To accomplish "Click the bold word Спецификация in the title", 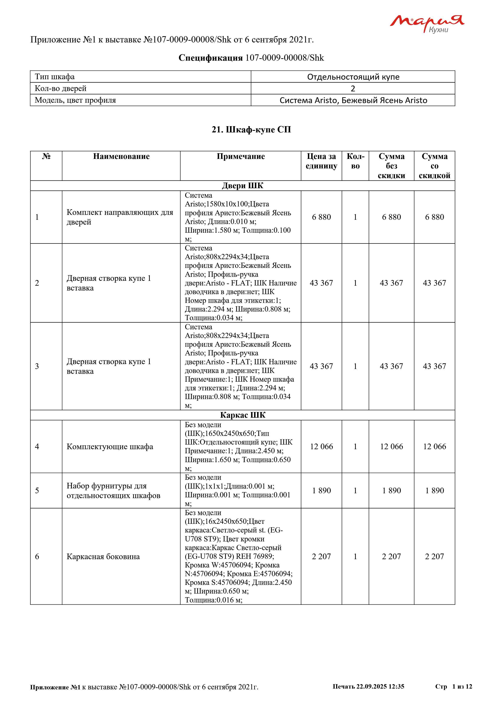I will point(211,58).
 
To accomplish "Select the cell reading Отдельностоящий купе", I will point(353,77).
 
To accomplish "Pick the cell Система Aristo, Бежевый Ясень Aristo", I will point(353,100).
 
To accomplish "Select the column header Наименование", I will point(121,156).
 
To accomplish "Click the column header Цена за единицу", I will point(321,161).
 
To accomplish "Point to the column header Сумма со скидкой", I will point(434,166).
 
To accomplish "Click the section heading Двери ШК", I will point(243,186).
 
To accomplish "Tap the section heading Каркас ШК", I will point(243,415).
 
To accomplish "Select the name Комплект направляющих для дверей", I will point(120,217).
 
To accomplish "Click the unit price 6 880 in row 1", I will point(321,217).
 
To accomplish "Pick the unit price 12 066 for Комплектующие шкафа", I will point(321,447).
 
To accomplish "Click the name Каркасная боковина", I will point(103,556).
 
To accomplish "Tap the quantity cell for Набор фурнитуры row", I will point(355,490).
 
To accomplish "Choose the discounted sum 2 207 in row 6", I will point(434,556).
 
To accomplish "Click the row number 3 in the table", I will point(37,366).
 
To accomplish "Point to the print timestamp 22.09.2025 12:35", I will point(380,686).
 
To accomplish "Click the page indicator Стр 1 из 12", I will point(453,686).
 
